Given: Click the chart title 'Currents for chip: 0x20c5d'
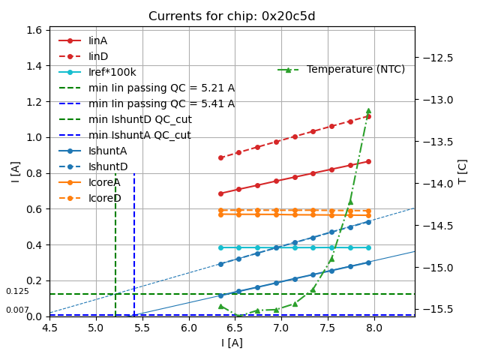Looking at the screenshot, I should (x=232, y=16).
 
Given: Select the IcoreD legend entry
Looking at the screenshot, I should (x=104, y=198).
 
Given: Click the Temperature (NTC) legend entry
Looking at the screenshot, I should (x=355, y=70).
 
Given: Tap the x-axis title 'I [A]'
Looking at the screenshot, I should (x=232, y=343).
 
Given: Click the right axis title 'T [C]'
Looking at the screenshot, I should (x=462, y=172).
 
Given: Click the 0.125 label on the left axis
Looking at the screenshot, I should (x=17, y=291).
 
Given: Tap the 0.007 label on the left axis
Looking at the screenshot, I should (x=17, y=310).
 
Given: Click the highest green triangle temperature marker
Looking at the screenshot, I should (x=368, y=111).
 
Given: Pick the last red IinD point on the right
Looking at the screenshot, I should (x=368, y=116).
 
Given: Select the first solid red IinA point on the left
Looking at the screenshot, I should (x=220, y=193).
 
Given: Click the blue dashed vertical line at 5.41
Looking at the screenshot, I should (x=134, y=240).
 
